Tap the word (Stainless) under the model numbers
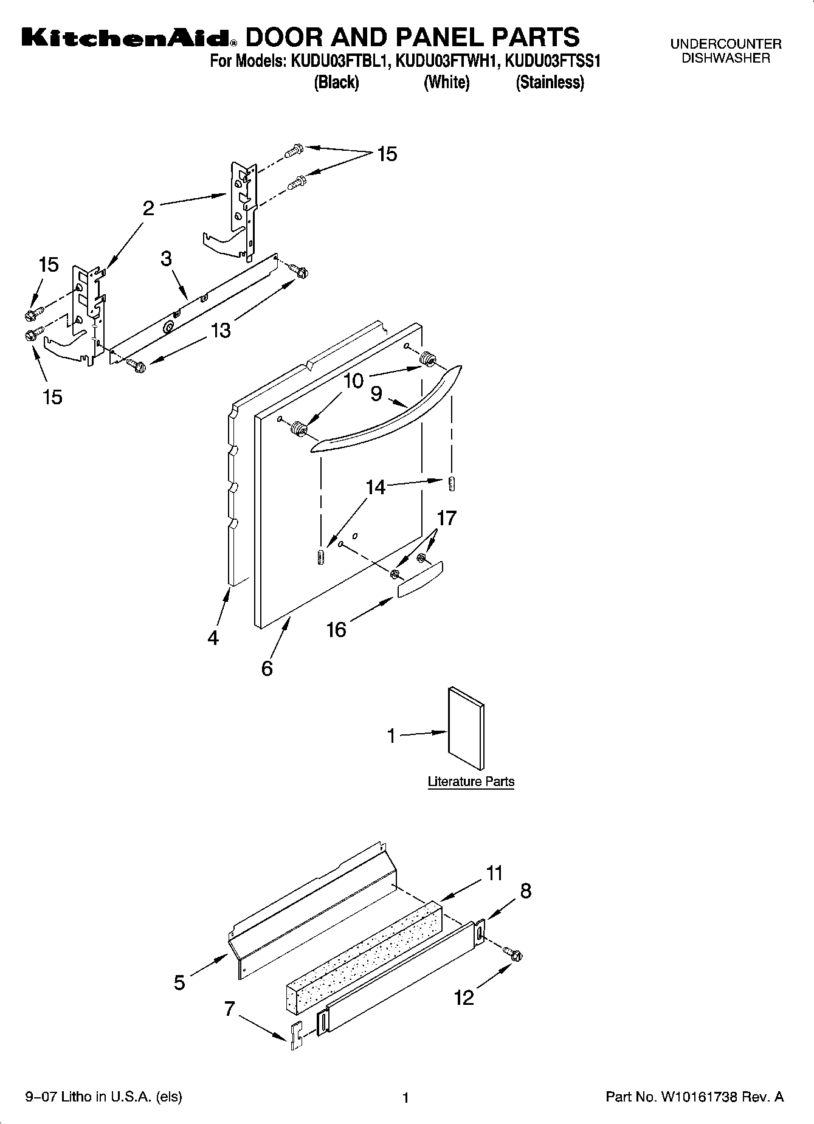click(550, 83)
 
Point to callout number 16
click(336, 630)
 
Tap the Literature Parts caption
click(471, 782)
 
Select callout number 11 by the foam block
click(495, 874)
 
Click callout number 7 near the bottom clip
click(229, 1009)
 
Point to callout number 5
click(179, 982)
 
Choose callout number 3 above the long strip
click(167, 259)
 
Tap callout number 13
click(221, 331)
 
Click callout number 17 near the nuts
click(446, 518)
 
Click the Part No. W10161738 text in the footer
click(695, 1097)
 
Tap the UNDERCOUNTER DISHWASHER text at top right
click(726, 51)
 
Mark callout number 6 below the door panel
click(267, 669)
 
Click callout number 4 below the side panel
click(213, 638)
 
